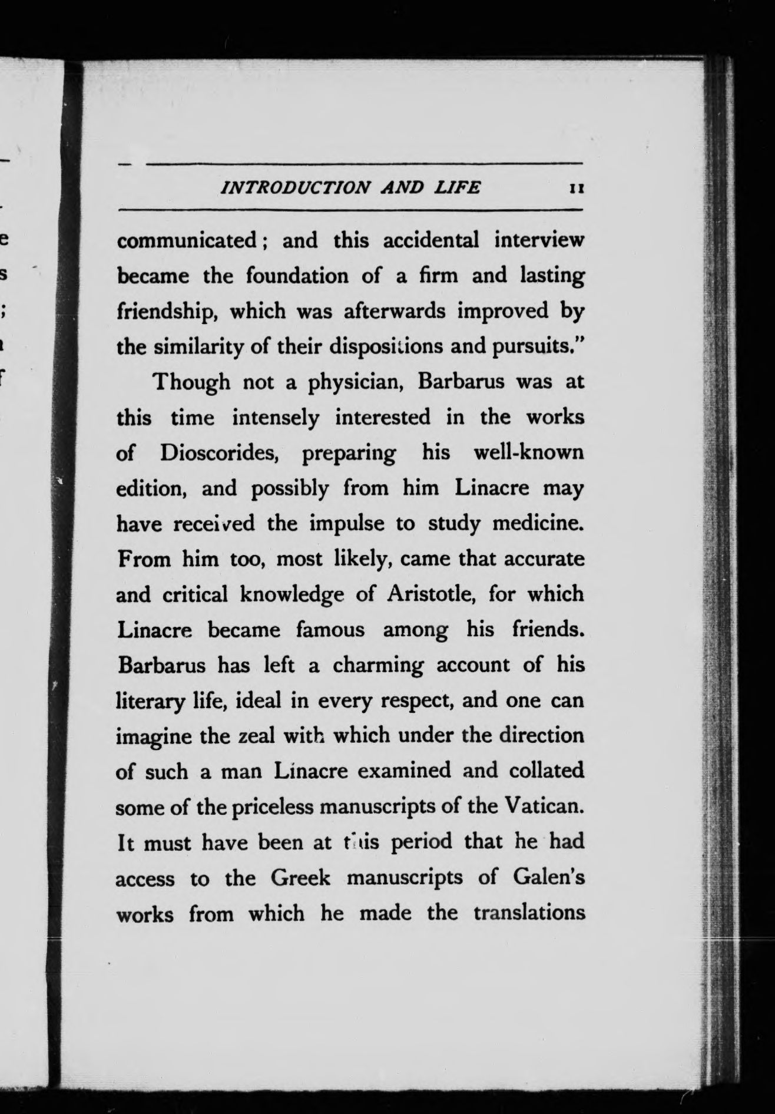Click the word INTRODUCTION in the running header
tap(294, 188)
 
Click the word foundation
tap(297, 276)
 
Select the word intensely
tap(276, 418)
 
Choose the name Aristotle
tap(431, 594)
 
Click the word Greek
tap(300, 878)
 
